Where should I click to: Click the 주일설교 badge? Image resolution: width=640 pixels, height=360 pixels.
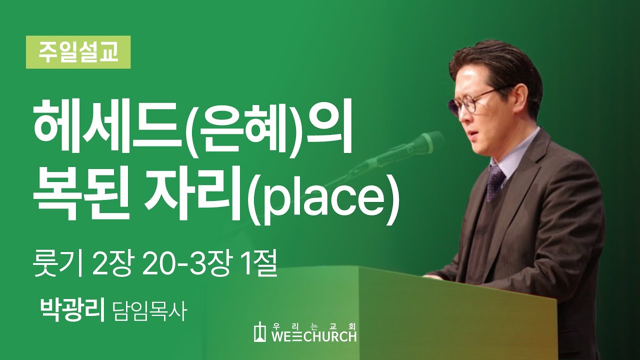[78, 52]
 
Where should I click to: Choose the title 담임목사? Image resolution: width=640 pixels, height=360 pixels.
[149, 311]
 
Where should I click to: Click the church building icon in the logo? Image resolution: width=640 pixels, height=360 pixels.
[259, 331]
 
